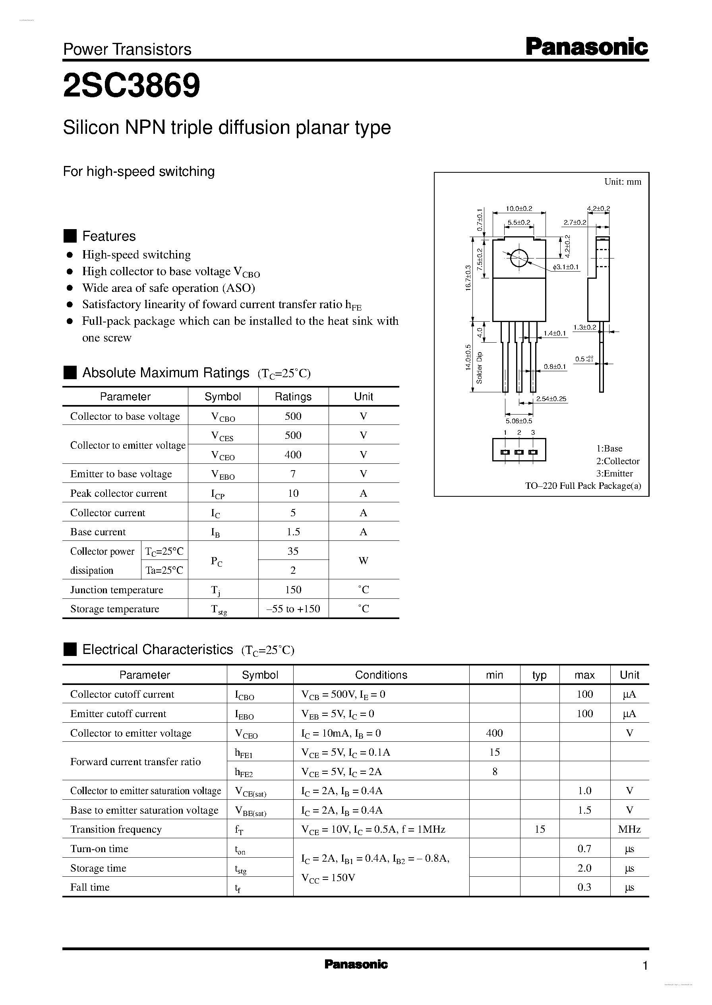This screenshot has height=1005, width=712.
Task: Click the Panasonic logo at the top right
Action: (586, 47)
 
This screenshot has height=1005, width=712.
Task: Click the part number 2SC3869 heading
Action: (132, 85)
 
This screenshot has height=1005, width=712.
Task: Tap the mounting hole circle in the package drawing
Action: (519, 258)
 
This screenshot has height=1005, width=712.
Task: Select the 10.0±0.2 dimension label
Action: (519, 209)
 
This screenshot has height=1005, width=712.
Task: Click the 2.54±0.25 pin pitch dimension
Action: (551, 399)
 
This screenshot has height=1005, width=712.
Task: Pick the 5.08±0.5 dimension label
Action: (519, 421)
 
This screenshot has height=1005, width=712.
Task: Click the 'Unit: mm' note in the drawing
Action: (623, 182)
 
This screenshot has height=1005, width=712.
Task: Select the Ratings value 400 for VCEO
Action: (293, 455)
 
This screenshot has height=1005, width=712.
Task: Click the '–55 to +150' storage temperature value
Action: (293, 609)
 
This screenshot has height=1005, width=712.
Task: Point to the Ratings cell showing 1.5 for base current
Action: (293, 532)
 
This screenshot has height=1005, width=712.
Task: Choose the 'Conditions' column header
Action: (381, 675)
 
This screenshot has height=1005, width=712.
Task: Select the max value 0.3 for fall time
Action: (584, 887)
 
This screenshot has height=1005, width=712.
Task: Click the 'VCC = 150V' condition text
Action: (328, 878)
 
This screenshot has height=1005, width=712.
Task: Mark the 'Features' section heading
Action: (109, 236)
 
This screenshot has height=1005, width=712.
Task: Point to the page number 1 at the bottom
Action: (645, 966)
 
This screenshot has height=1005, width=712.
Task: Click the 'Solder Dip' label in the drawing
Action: (479, 368)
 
